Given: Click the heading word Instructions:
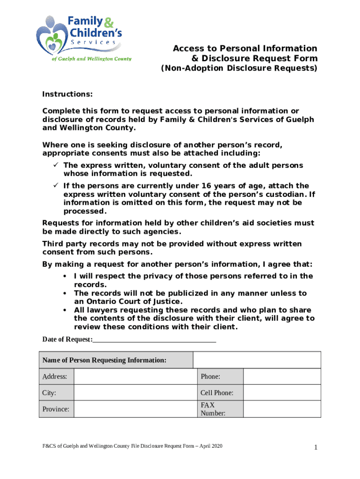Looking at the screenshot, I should [x=67, y=94].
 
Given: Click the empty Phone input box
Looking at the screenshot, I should [x=282, y=377].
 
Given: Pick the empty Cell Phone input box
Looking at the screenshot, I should [x=282, y=393].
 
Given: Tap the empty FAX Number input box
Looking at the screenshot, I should [x=282, y=409].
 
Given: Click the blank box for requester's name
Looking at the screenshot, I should [x=257, y=360].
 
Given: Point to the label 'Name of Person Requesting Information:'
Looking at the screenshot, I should [x=104, y=360].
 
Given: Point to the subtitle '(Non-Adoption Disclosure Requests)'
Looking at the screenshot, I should [x=239, y=69].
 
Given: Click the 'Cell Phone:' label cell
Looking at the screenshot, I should [x=217, y=393].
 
